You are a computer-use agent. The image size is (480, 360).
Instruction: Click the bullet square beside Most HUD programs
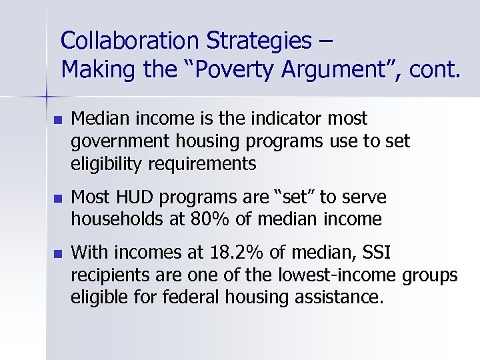pos(57,199)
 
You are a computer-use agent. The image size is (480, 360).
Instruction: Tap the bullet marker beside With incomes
pos(57,254)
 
